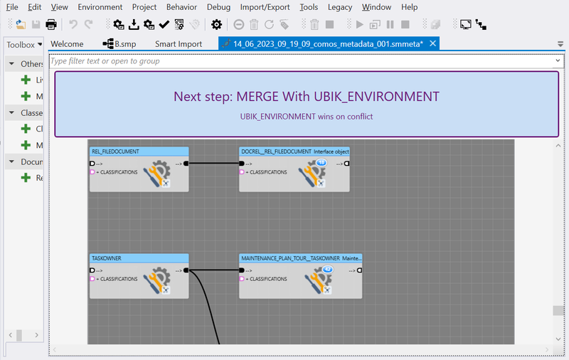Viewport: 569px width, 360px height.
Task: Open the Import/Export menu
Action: [265, 7]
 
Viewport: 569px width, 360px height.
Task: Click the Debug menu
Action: [218, 7]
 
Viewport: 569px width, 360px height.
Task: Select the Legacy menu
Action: [340, 7]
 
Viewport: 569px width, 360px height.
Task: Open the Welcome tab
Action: [67, 44]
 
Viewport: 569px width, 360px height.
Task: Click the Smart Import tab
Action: [179, 44]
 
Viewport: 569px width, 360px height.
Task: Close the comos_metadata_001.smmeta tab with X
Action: [432, 44]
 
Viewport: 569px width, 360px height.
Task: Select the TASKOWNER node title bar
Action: [139, 258]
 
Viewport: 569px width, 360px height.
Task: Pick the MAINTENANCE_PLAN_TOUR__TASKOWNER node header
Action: [300, 258]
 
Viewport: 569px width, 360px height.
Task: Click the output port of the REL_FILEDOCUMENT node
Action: [186, 164]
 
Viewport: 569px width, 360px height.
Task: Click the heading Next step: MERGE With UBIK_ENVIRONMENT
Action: [307, 97]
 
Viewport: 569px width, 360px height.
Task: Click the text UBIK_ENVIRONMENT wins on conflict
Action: [307, 117]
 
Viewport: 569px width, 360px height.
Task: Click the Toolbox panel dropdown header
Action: [24, 44]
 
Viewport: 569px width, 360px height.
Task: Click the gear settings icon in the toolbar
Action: [217, 25]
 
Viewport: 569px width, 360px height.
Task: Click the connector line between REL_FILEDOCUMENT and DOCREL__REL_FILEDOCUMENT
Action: [213, 164]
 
